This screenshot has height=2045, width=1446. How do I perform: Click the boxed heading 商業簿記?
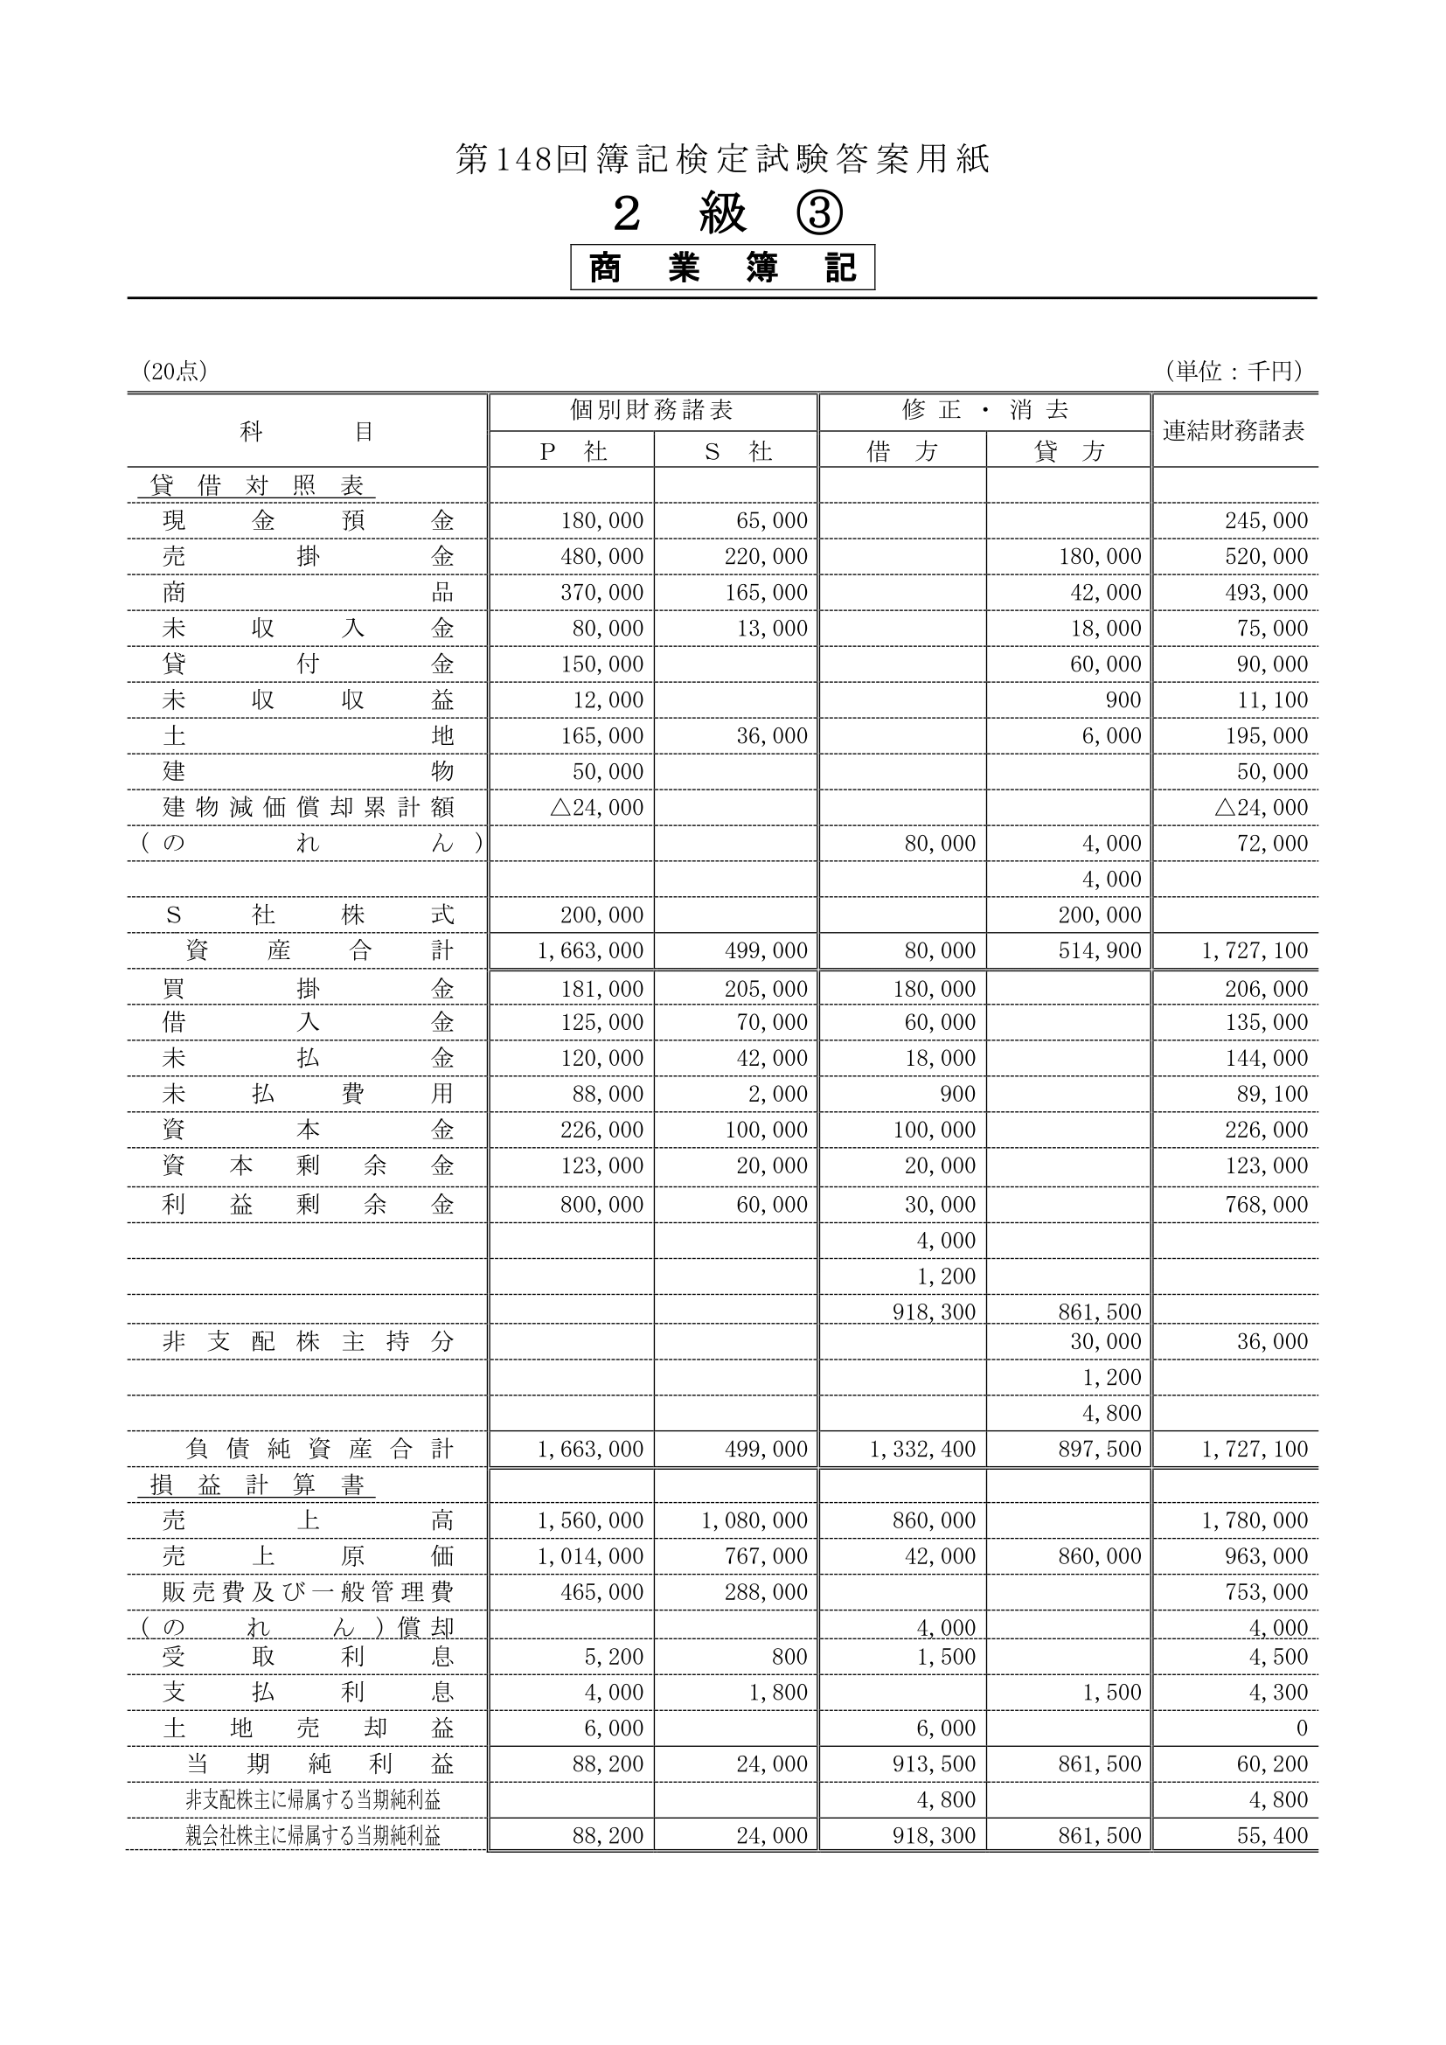coord(722,268)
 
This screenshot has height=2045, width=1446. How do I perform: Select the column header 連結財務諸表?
coord(1234,431)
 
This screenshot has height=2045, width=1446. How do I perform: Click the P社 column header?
coord(573,451)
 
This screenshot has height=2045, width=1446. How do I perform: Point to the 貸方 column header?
coord(1068,451)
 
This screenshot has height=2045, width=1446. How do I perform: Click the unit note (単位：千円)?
coord(1234,371)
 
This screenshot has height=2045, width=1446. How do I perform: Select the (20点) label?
coord(176,372)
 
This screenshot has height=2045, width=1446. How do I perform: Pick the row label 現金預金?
coord(307,520)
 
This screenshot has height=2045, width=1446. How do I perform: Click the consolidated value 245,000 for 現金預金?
coord(1266,521)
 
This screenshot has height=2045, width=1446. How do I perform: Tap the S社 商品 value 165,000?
coord(766,592)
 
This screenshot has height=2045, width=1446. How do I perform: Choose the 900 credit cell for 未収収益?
coord(1123,700)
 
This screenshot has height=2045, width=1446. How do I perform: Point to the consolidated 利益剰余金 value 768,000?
coord(1266,1204)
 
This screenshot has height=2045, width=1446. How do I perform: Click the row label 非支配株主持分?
coord(307,1341)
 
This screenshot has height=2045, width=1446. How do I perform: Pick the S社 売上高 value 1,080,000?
coord(754,1520)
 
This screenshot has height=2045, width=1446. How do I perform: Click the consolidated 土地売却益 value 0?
coord(1301,1728)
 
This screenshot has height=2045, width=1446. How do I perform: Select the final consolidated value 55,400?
coord(1272,1836)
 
